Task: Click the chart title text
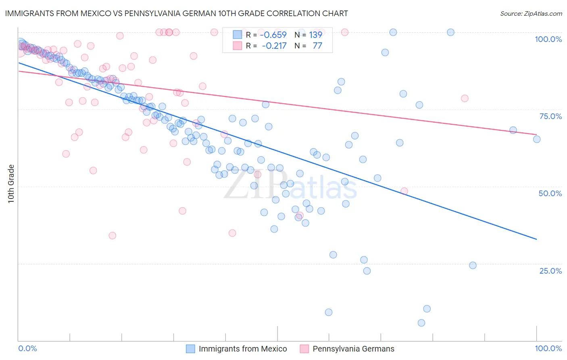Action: click(176, 13)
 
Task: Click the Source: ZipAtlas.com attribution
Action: click(531, 13)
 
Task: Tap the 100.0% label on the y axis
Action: click(548, 39)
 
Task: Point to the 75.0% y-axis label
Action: click(550, 116)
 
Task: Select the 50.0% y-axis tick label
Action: click(550, 193)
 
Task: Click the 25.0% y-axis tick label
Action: click(550, 271)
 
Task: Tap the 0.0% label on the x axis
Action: click(28, 348)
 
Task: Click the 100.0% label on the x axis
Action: click(548, 348)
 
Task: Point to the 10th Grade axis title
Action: click(11, 184)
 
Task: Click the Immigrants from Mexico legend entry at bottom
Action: click(243, 349)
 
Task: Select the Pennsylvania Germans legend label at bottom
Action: click(353, 349)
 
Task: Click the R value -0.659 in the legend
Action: click(273, 35)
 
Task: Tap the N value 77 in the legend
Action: click(317, 46)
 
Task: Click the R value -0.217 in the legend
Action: click(274, 46)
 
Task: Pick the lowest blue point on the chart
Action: click(421, 323)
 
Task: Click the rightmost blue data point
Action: click(537, 139)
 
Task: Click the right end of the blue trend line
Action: click(537, 239)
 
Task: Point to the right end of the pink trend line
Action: click(537, 134)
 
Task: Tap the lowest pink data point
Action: click(113, 236)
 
